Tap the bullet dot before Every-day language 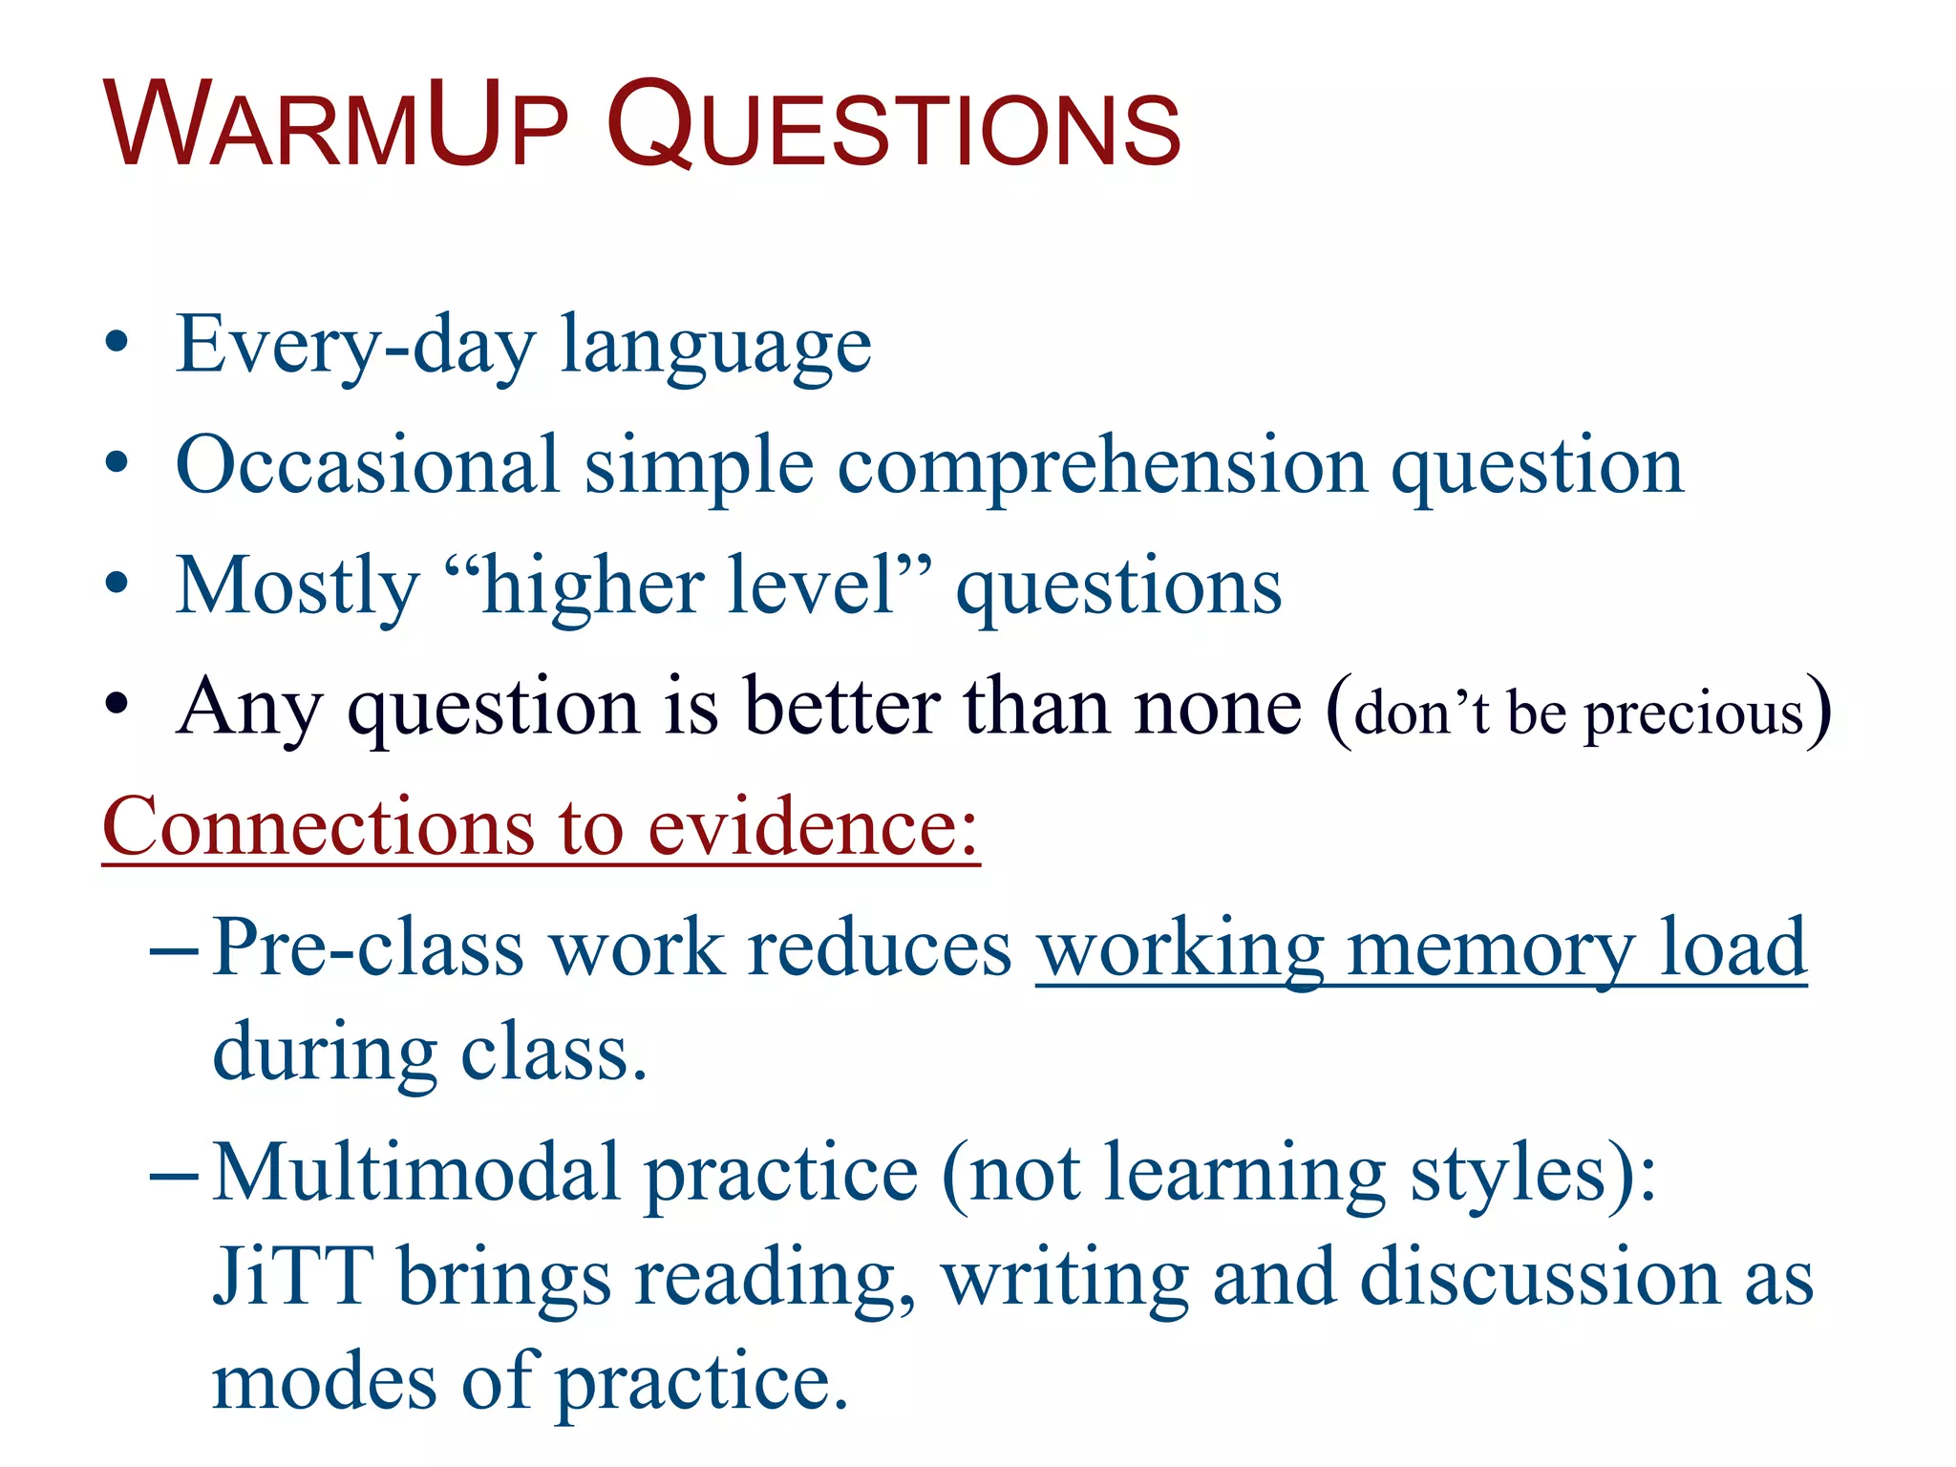click(x=117, y=344)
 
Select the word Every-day click(x=356, y=347)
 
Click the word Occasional click(x=368, y=465)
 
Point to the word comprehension click(x=1103, y=468)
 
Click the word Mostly click(x=298, y=587)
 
